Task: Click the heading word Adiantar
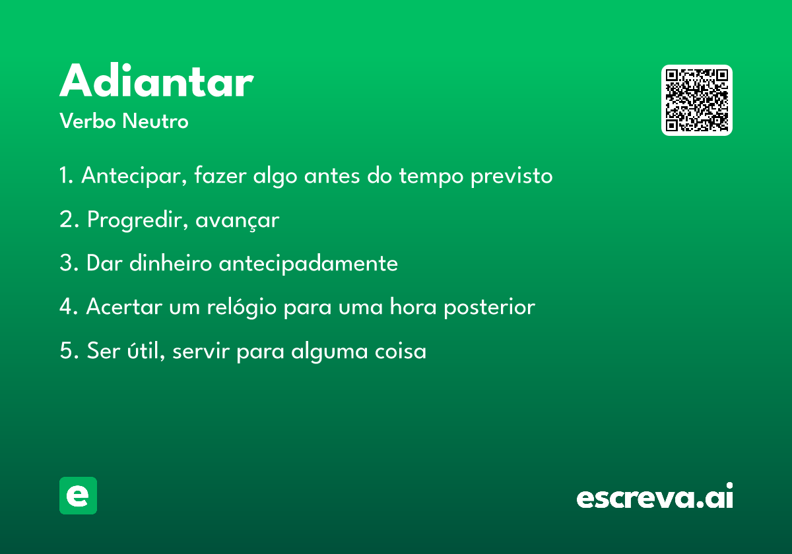(156, 80)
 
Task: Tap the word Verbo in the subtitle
(88, 121)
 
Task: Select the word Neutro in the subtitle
(155, 121)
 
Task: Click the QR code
(696, 100)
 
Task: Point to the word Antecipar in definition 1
(134, 175)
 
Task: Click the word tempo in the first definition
(431, 176)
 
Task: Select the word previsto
(511, 176)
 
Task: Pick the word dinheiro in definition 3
(170, 263)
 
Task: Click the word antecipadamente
(308, 264)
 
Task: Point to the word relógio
(242, 307)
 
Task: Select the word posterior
(489, 307)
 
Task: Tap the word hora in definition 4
(413, 307)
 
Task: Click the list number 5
(69, 350)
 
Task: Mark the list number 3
(69, 263)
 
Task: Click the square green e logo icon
(78, 495)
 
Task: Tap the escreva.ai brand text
(655, 496)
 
